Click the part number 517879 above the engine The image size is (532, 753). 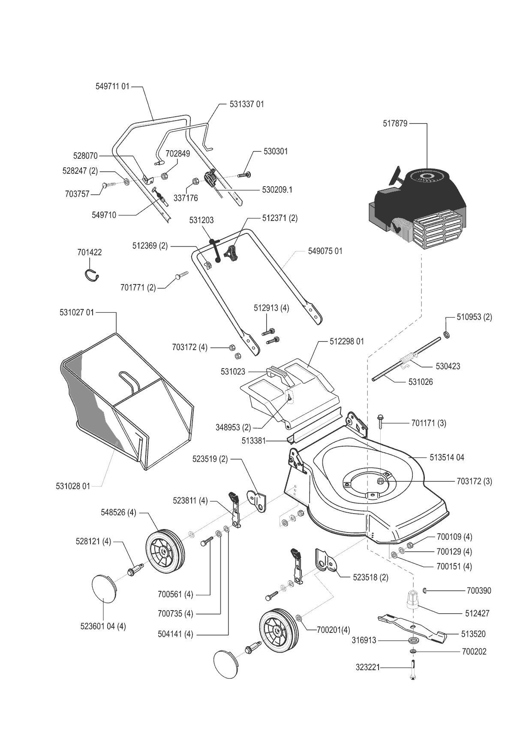(395, 124)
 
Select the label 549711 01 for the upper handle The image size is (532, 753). (112, 86)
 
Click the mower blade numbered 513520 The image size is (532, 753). (412, 629)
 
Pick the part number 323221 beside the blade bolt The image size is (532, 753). (367, 668)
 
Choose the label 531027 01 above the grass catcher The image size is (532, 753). (76, 312)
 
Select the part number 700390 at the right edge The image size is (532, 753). (479, 590)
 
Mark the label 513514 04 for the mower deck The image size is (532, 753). (447, 457)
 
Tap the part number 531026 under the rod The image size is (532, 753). (420, 382)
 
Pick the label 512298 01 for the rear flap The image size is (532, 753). (346, 342)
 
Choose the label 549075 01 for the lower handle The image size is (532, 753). (325, 251)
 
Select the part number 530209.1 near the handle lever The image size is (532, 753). (277, 189)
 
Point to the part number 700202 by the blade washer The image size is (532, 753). (474, 651)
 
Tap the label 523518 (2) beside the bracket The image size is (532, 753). (370, 578)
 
